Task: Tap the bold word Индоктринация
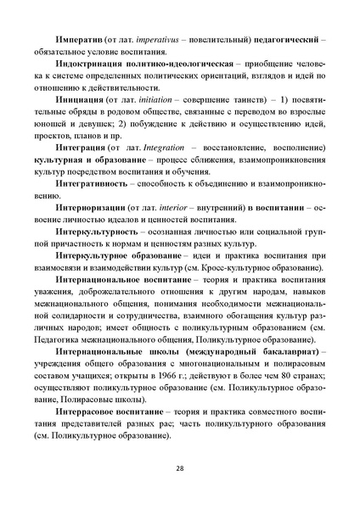[96, 64]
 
